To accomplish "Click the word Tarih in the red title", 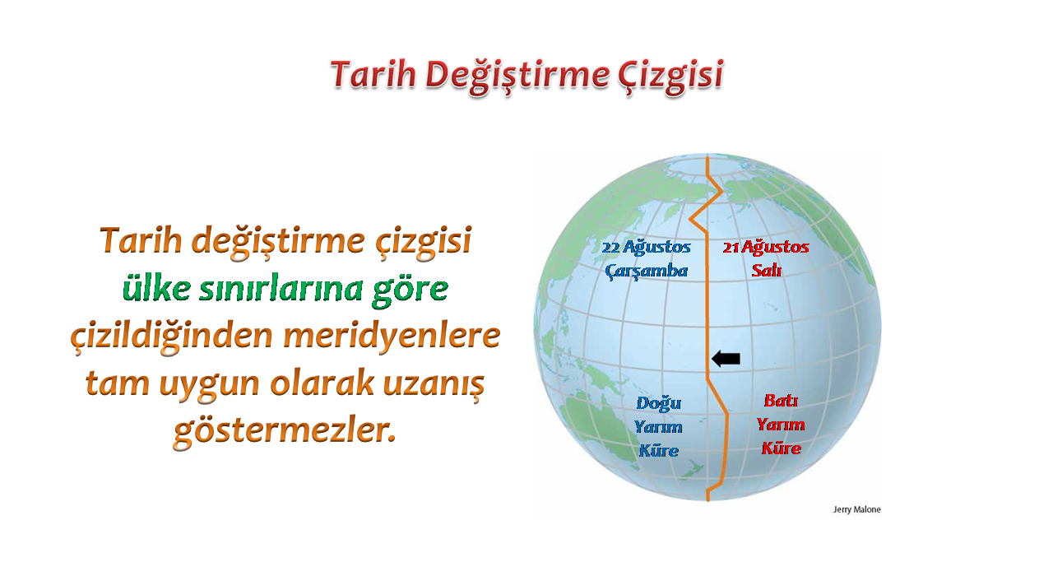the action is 373,74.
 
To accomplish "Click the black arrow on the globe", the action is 726,359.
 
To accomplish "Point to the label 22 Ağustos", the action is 647,247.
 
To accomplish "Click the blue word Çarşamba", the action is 647,272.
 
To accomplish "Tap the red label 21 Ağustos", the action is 766,247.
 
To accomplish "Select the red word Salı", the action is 766,271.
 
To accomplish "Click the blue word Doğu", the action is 659,404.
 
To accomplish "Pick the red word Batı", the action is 781,401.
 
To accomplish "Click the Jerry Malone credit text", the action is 857,509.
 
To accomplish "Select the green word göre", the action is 410,291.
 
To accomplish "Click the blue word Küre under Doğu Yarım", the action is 659,451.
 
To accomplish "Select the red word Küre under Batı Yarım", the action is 782,448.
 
